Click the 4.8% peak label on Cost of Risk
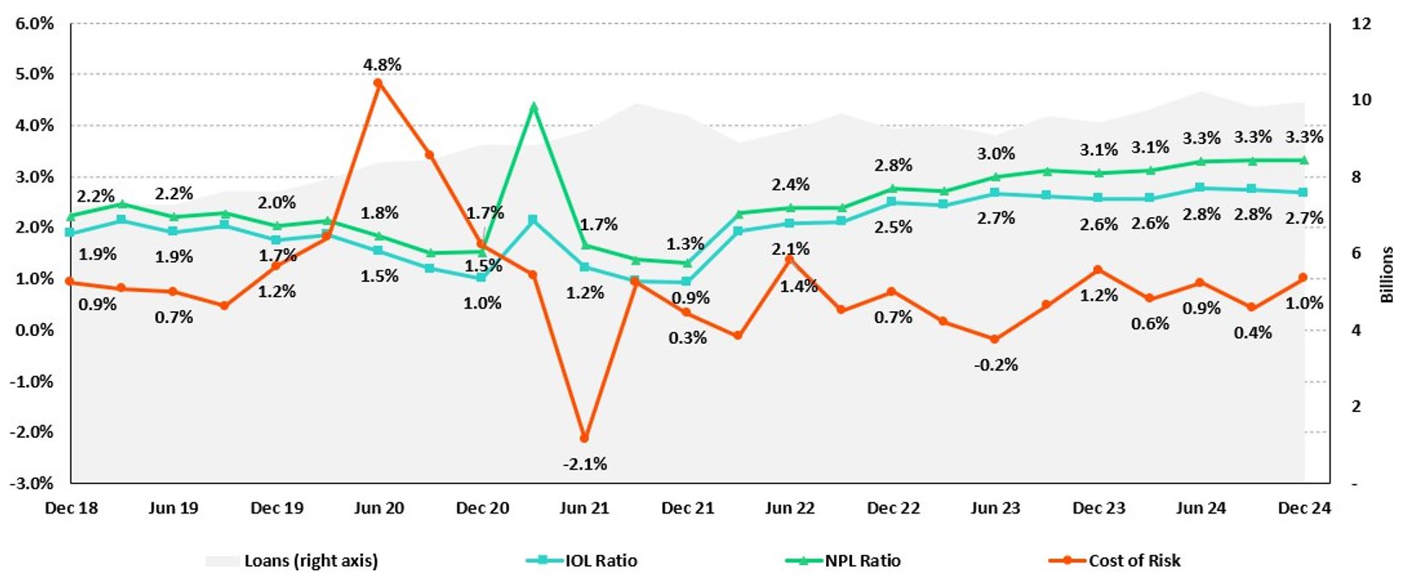pos(382,65)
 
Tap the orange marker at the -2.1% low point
pos(585,439)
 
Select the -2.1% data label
pos(585,464)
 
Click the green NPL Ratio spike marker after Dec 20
pos(534,108)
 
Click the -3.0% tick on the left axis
pos(32,483)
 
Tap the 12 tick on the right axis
pos(1361,23)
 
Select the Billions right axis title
pos(1387,275)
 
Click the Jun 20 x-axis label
pos(379,508)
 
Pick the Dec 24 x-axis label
pos(1304,508)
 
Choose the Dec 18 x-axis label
pos(71,508)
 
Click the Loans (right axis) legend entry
pos(310,561)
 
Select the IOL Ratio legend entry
pos(601,561)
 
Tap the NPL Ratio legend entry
pos(862,561)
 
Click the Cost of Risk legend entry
pos(1134,561)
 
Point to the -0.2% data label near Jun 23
pos(996,364)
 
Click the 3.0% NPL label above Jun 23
pos(996,154)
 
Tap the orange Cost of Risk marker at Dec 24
pos(1303,277)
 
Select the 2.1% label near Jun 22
pos(791,249)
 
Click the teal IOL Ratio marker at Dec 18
pos(70,233)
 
